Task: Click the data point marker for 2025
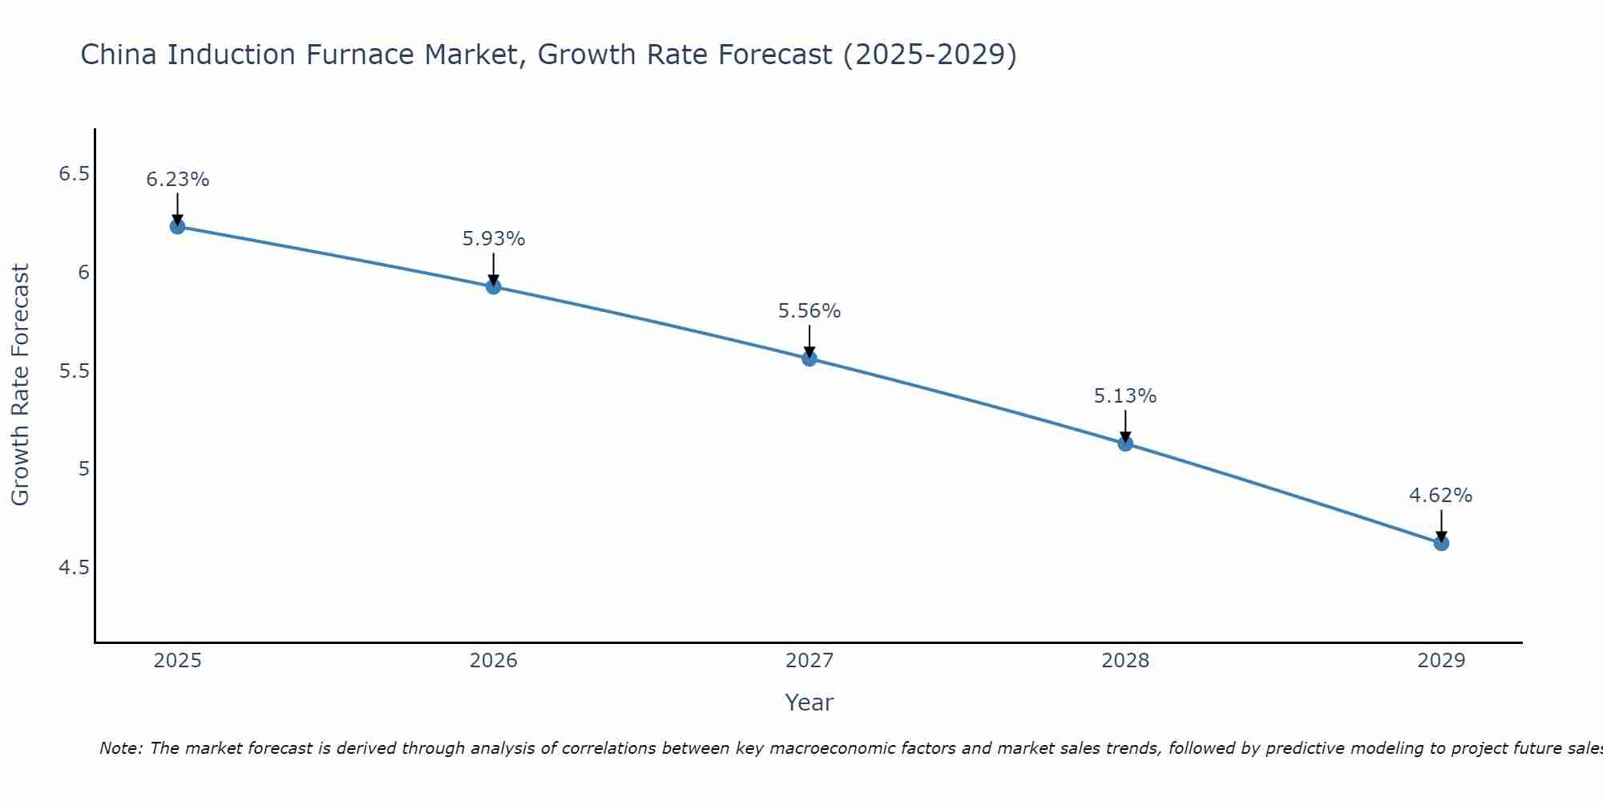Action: coord(178,227)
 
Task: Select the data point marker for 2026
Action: coord(494,286)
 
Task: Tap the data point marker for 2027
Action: coord(810,358)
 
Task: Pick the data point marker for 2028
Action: coord(1125,444)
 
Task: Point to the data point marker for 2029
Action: coord(1441,543)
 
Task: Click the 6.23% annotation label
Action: coord(178,180)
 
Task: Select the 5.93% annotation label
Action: coord(494,239)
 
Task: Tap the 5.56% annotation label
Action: coord(810,311)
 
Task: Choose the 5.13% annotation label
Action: coord(1125,396)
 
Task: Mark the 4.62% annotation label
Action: coord(1441,496)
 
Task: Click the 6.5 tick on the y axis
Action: coord(74,174)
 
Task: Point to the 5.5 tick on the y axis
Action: coord(74,371)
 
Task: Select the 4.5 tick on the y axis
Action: coord(74,568)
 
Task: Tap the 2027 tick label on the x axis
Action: coord(810,661)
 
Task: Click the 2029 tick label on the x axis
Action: coord(1441,661)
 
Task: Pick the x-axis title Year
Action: coord(810,703)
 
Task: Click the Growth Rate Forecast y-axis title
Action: coord(21,385)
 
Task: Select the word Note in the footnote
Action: coord(120,748)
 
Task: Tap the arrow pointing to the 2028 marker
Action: coord(1125,425)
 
